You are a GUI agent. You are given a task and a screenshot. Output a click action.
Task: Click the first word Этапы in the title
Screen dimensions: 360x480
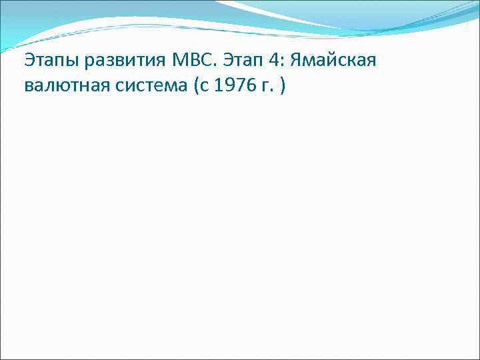pos(50,61)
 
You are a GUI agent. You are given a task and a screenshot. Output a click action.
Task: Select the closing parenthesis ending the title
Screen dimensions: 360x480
pos(283,87)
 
